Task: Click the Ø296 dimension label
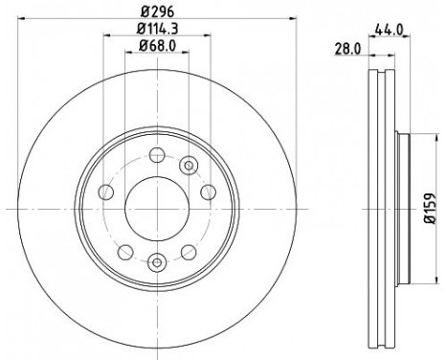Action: (x=156, y=12)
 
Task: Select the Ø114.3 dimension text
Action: (x=156, y=37)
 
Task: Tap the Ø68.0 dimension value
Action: (x=156, y=56)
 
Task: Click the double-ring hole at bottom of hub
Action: (x=156, y=259)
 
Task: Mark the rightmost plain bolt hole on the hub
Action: (x=208, y=195)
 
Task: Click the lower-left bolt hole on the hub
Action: (x=124, y=249)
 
